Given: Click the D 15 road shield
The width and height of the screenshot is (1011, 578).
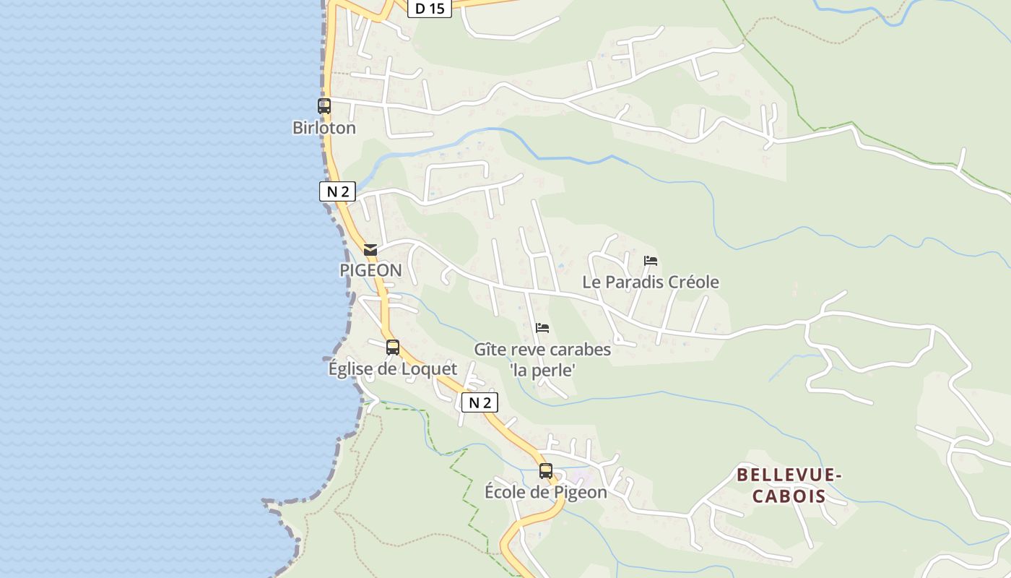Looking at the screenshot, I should point(430,9).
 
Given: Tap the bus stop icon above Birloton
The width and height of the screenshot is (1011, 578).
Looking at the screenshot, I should point(324,106).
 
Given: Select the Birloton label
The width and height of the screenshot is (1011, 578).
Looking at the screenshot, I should point(324,128).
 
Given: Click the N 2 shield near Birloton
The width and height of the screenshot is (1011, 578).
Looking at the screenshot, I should point(337,191).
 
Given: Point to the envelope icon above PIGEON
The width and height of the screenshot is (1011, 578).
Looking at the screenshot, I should point(370,250).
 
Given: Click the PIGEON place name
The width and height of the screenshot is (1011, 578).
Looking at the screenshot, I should point(370,270).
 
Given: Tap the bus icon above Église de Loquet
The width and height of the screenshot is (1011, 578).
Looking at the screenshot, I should point(393,348).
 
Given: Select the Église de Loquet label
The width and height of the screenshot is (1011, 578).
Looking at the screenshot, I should point(393,369).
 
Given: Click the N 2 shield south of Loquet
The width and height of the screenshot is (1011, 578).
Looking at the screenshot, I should point(480,402).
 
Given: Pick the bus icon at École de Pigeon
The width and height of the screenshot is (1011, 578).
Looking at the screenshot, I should point(546,471).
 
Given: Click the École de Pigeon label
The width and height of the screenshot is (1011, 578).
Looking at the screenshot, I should point(546,493).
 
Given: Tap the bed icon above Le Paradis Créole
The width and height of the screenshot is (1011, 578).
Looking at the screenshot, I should point(651,261).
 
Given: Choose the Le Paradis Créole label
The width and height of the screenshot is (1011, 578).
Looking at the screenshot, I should point(651,282).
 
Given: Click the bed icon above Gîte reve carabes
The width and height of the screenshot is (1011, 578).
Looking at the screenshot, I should point(542,328).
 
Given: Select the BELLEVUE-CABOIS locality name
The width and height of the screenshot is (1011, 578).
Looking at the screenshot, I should point(789,486).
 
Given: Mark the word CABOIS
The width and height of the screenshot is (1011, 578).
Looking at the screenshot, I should point(789,496).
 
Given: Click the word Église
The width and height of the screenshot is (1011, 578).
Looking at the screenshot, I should point(350,369).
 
